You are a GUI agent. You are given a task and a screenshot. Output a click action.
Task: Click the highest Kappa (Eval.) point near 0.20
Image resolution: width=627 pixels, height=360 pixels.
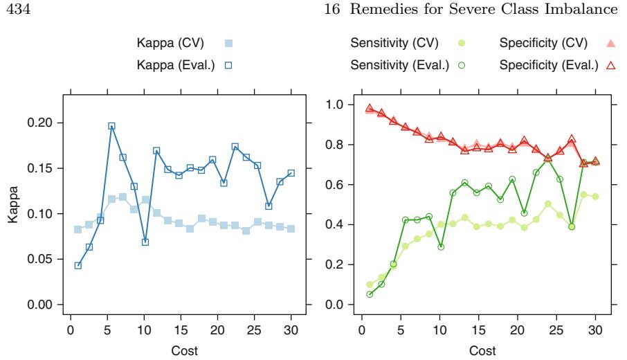[x=111, y=126]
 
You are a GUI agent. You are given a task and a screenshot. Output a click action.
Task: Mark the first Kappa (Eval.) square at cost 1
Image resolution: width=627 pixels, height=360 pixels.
[x=78, y=265]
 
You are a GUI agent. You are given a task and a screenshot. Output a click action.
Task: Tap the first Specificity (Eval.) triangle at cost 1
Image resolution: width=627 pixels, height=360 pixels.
[x=370, y=109]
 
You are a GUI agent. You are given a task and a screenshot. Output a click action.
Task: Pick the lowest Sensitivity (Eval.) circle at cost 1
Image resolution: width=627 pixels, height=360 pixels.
[x=370, y=294]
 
